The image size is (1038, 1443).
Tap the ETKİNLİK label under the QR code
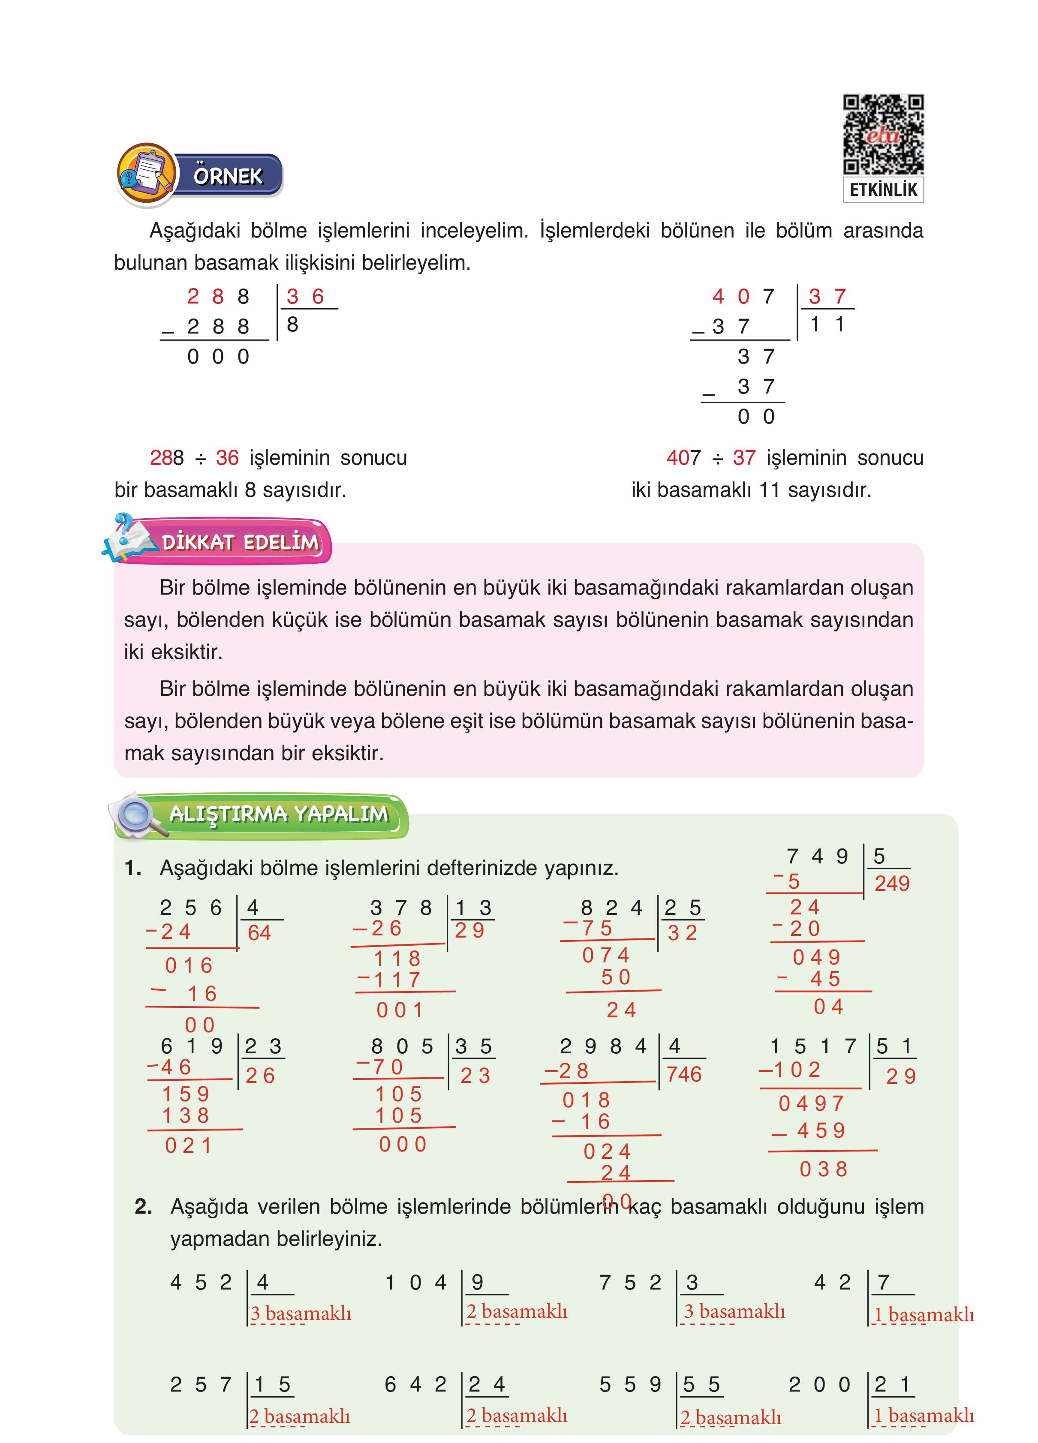coord(883,189)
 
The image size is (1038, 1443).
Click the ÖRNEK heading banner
coord(228,176)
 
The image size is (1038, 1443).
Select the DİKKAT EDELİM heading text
coord(240,542)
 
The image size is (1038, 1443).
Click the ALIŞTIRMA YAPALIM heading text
coord(278,814)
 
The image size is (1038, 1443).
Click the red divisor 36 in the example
coord(305,297)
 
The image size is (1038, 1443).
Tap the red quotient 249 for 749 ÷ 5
coord(892,883)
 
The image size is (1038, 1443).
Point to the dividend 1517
coord(813,1046)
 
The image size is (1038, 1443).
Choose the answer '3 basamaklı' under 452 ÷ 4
coord(301,1313)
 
